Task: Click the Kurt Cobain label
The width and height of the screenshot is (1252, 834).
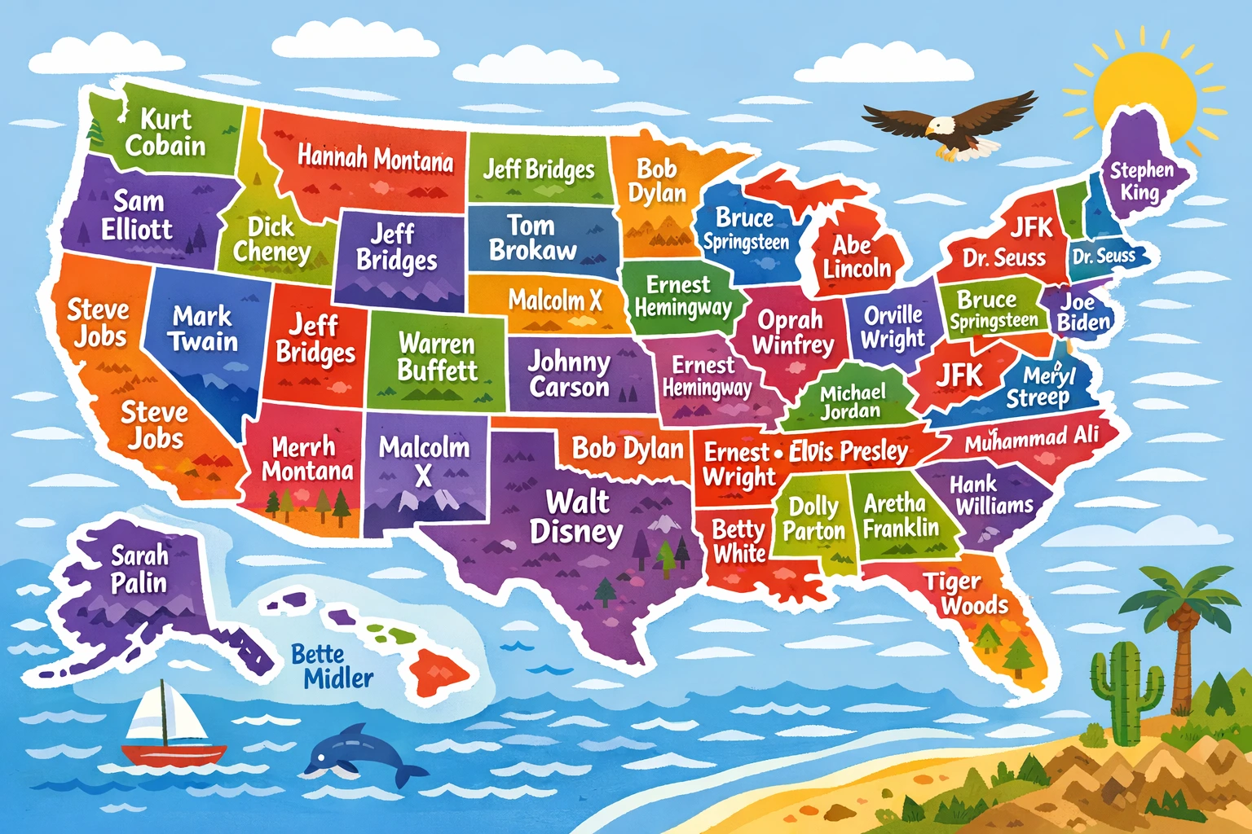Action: click(x=165, y=133)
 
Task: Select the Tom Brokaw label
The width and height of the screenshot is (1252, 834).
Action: click(x=532, y=238)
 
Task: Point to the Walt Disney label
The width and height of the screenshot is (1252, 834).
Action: click(x=576, y=516)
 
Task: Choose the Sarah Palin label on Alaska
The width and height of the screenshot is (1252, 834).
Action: click(x=139, y=569)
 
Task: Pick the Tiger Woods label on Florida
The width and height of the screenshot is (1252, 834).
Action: click(x=965, y=594)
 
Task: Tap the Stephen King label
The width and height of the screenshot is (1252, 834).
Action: click(x=1141, y=181)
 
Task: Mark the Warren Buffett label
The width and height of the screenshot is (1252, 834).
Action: click(x=437, y=357)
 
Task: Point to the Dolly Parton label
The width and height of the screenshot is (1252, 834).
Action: click(x=813, y=519)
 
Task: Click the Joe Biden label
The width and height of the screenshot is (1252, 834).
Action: click(x=1083, y=311)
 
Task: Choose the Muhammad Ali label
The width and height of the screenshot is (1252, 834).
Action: click(x=1032, y=440)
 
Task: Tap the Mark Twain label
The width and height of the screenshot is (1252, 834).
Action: click(x=204, y=328)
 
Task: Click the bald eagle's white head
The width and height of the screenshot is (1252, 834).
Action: click(x=940, y=126)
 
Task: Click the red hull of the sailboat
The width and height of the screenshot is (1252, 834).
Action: click(x=174, y=754)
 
